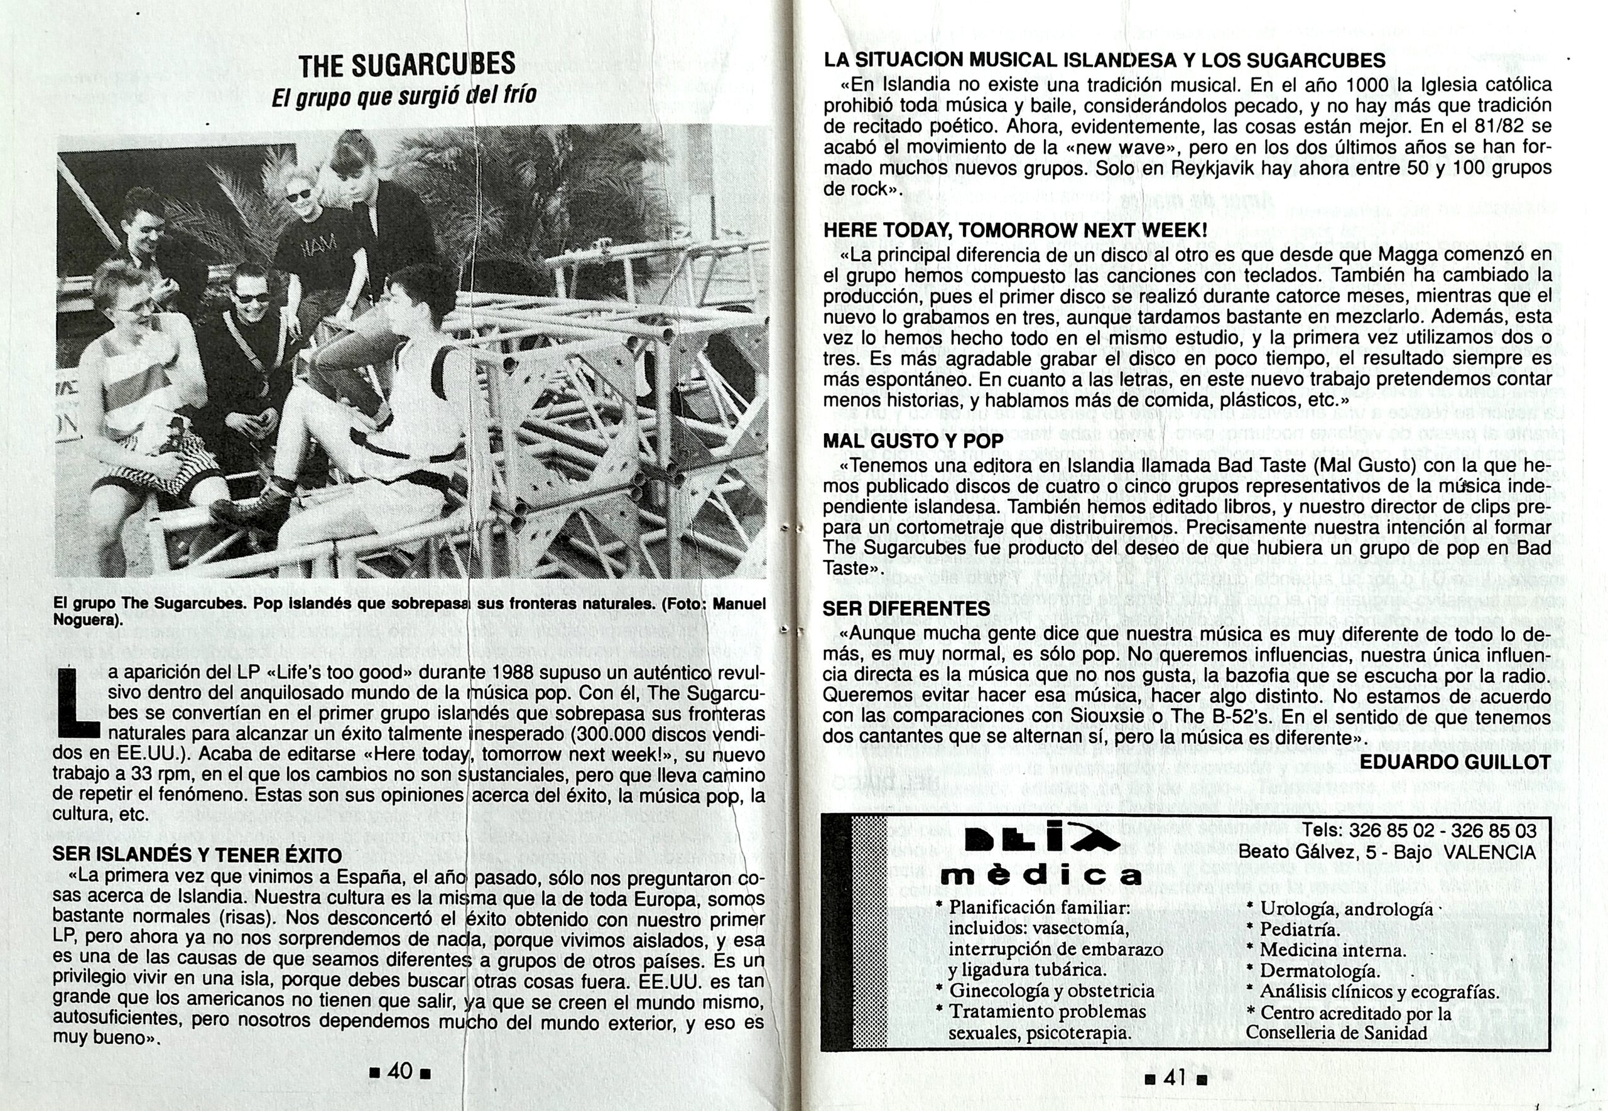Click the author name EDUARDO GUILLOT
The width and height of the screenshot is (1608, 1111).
1455,762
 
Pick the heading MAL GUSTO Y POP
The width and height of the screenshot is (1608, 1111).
913,441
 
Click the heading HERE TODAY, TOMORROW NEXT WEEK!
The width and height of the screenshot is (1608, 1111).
1014,230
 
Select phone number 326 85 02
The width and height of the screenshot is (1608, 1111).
1389,831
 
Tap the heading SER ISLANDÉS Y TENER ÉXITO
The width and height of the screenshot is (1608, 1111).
197,855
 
